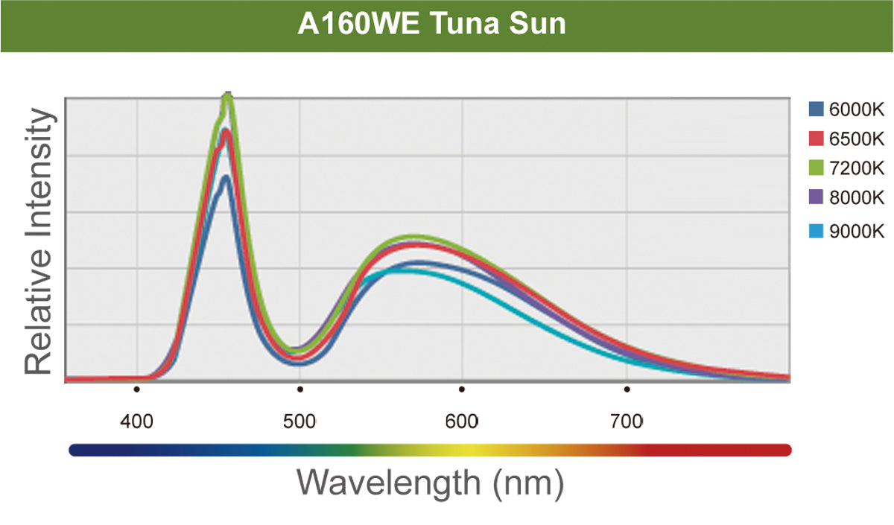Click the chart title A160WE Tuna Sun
(432, 24)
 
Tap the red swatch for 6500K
(816, 139)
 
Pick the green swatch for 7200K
(816, 168)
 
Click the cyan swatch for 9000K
(816, 232)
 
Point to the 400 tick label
(137, 422)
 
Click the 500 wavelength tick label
(299, 422)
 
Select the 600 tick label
(462, 422)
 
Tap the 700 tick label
(627, 422)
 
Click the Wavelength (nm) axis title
(431, 482)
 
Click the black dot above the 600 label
(462, 389)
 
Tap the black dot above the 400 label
(137, 389)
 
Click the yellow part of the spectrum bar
(462, 450)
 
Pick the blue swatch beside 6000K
(816, 110)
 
